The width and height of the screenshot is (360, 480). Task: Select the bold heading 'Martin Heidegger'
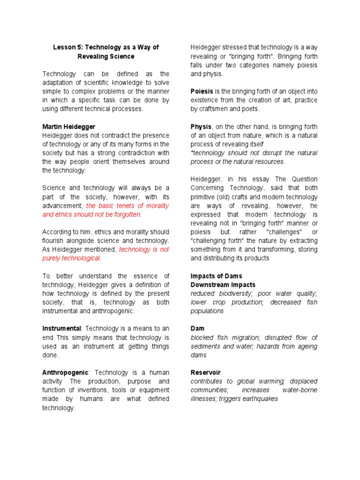click(69, 127)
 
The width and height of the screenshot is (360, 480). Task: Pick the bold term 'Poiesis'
click(202, 91)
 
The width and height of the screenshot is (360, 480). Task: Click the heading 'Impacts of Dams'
click(216, 276)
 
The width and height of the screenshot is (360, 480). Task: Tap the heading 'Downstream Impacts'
click(223, 285)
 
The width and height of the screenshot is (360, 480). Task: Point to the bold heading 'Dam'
click(197, 329)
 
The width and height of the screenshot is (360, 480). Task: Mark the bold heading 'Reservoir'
click(205, 373)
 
